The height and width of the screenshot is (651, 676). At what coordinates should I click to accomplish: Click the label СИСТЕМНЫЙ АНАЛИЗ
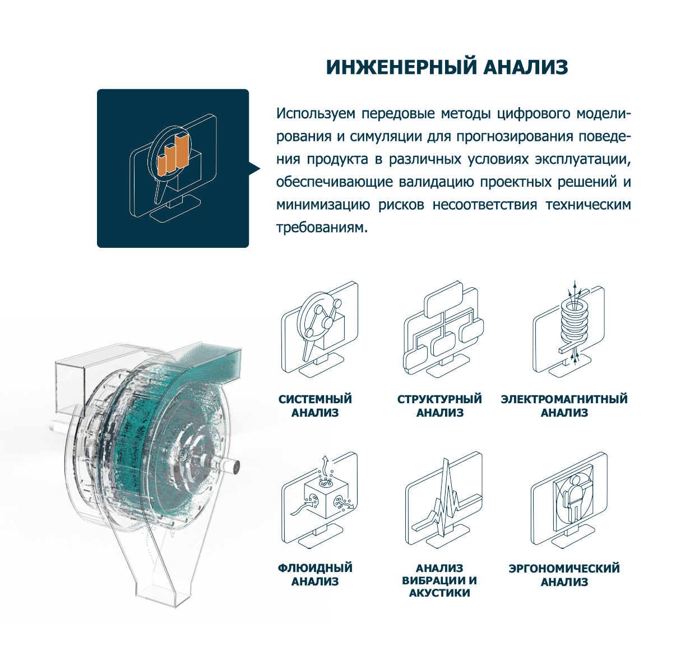click(315, 405)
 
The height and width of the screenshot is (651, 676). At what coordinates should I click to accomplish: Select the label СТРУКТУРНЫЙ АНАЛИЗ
click(439, 405)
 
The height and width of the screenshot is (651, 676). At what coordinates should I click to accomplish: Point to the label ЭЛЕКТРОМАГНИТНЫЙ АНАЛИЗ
click(564, 405)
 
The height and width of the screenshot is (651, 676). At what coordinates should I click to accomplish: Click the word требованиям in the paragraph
click(322, 228)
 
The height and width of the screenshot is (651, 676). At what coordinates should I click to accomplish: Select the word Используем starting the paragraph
click(316, 114)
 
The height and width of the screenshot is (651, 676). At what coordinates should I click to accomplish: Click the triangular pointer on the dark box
click(254, 169)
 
